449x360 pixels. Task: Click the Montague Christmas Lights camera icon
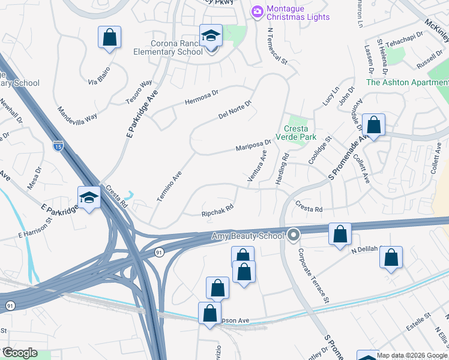click(x=258, y=12)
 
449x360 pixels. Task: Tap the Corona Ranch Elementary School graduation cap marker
click(x=211, y=37)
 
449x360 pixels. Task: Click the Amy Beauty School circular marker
click(x=294, y=235)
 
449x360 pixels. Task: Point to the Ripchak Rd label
click(x=217, y=212)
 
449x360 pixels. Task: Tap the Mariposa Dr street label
click(x=253, y=145)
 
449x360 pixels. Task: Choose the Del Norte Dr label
click(x=234, y=110)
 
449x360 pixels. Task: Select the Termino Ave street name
click(x=170, y=186)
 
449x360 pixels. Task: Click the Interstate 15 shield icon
click(x=58, y=146)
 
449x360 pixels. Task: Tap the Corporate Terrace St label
click(x=314, y=275)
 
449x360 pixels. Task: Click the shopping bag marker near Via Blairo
click(x=109, y=37)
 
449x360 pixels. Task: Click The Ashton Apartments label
click(x=407, y=82)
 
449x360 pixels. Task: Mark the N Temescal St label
click(x=276, y=46)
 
